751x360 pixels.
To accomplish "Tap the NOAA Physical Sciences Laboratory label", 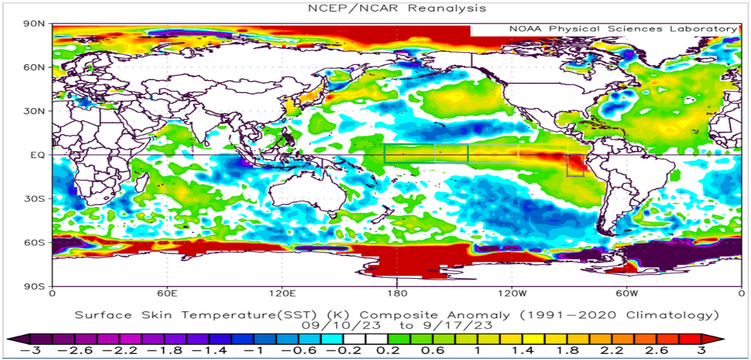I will tap(623, 29).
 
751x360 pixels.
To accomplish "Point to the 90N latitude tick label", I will tap(35, 24).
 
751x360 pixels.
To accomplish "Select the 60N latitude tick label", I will tap(35, 67).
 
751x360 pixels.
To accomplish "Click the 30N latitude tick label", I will tap(35, 111).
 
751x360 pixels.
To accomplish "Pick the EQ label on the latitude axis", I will tap(38, 155).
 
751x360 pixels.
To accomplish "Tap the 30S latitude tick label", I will tap(35, 198).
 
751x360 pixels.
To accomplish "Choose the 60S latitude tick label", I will tap(35, 243).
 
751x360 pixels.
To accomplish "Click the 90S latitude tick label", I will tap(35, 286).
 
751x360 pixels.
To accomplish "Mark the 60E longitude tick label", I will tap(167, 293).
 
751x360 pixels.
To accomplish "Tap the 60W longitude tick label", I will tap(626, 293).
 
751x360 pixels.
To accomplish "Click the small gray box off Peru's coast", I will tap(575, 166).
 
